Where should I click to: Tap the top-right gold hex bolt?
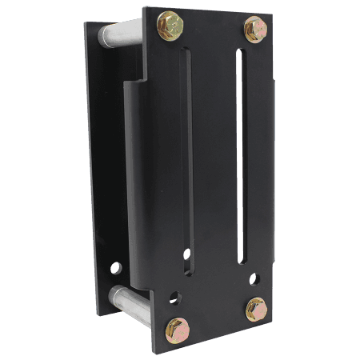(x=254, y=29)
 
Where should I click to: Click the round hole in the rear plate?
(x=117, y=267)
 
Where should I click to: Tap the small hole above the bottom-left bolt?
(x=174, y=298)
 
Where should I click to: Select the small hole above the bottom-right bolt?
(x=254, y=279)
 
